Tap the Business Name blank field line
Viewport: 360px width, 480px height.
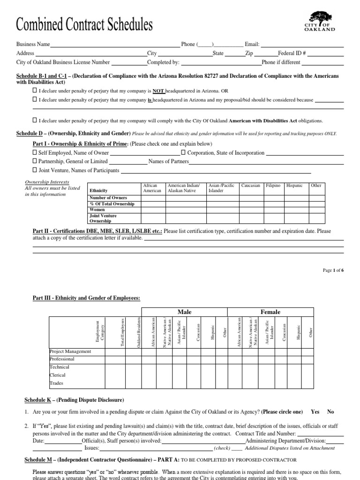point(115,45)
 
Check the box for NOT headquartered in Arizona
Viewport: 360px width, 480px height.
point(35,90)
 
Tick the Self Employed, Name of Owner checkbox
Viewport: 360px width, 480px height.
point(35,153)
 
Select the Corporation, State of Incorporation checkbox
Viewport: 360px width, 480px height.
point(184,153)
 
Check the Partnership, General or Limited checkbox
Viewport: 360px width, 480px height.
point(35,161)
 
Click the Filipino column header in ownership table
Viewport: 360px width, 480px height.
point(273,186)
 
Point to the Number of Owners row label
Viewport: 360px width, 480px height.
point(105,198)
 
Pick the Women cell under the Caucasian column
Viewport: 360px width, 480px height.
point(251,210)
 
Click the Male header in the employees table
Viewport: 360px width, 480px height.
point(184,312)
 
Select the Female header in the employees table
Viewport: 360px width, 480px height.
point(270,312)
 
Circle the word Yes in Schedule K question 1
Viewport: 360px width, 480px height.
point(315,412)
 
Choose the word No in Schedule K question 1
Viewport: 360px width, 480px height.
point(330,412)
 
